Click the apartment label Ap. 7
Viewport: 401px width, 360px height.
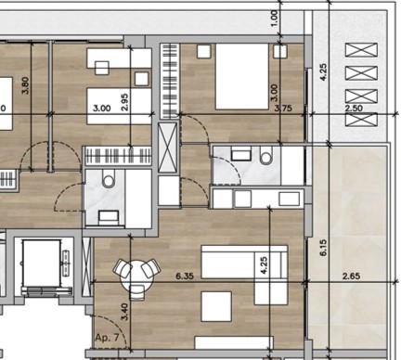click(107, 338)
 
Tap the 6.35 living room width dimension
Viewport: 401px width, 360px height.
click(185, 276)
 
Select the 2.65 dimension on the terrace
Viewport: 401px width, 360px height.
click(351, 276)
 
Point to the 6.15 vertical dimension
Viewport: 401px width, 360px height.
click(323, 248)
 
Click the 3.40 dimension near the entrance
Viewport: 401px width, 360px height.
click(124, 312)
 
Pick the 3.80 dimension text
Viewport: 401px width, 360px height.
click(26, 85)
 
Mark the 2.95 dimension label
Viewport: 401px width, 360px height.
click(124, 102)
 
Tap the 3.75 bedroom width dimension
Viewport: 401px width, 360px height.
click(283, 109)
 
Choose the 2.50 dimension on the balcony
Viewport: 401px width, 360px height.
click(354, 109)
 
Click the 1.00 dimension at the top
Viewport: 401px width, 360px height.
click(275, 18)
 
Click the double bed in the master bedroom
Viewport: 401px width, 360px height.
click(242, 76)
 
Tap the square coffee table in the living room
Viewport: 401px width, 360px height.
click(216, 306)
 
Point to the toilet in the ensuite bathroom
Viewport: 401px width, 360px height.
click(266, 155)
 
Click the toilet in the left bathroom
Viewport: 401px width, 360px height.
click(109, 180)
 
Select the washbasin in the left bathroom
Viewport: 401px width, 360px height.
click(109, 217)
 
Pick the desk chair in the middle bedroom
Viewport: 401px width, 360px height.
click(102, 68)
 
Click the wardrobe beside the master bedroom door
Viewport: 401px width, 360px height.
click(170, 81)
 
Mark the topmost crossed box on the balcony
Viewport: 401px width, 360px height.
click(361, 50)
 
